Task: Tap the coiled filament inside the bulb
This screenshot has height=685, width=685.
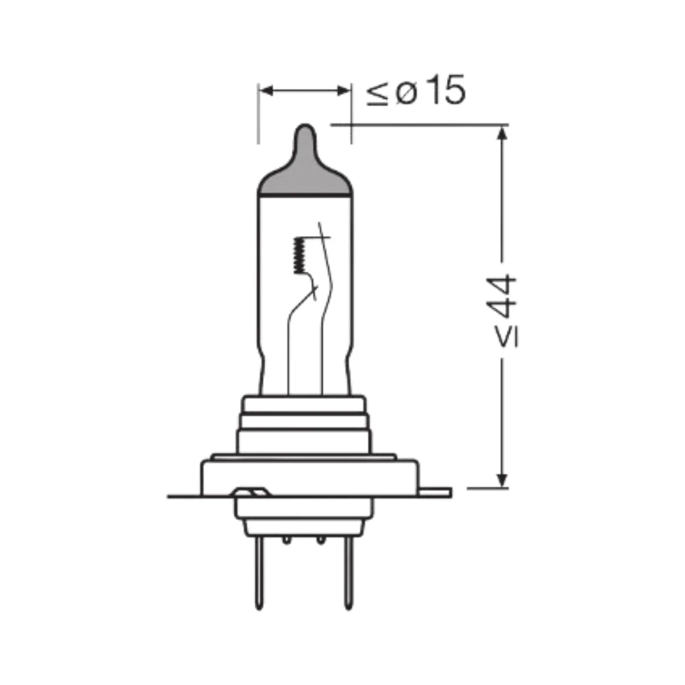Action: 299,255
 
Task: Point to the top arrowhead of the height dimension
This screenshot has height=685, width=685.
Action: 502,134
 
